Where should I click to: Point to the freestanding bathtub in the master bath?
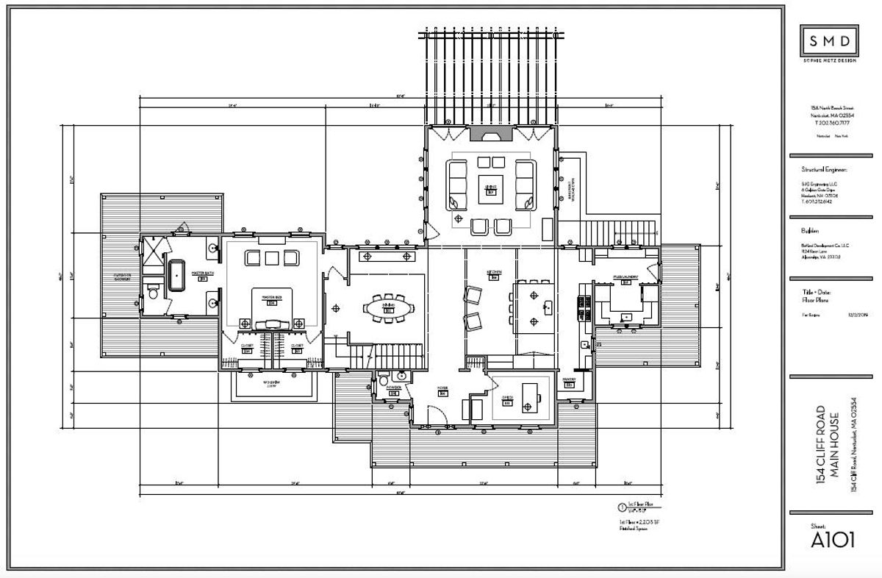(x=177, y=276)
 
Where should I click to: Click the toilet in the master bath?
(x=152, y=294)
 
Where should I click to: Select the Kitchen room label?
(x=494, y=273)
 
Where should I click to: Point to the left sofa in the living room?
(x=456, y=182)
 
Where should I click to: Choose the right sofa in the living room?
(x=524, y=182)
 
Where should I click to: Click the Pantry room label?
(x=568, y=380)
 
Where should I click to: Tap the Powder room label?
(x=394, y=388)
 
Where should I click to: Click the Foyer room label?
(x=442, y=388)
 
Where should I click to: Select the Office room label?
(x=506, y=397)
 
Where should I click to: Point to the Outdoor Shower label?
(x=121, y=277)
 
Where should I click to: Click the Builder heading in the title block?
(x=810, y=229)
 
